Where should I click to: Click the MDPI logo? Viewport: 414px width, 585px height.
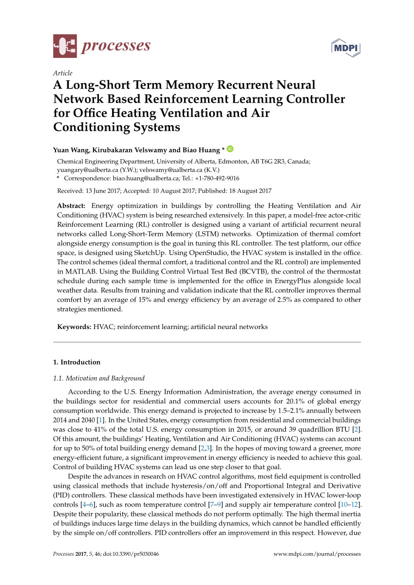click(346, 47)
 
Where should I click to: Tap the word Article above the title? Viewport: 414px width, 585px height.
click(62, 73)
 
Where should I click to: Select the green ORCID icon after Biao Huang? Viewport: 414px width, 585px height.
click(230, 149)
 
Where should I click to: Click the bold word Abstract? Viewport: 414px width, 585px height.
click(72, 206)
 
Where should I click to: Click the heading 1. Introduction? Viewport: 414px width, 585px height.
click(76, 362)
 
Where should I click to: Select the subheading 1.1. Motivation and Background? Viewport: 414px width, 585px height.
click(98, 378)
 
